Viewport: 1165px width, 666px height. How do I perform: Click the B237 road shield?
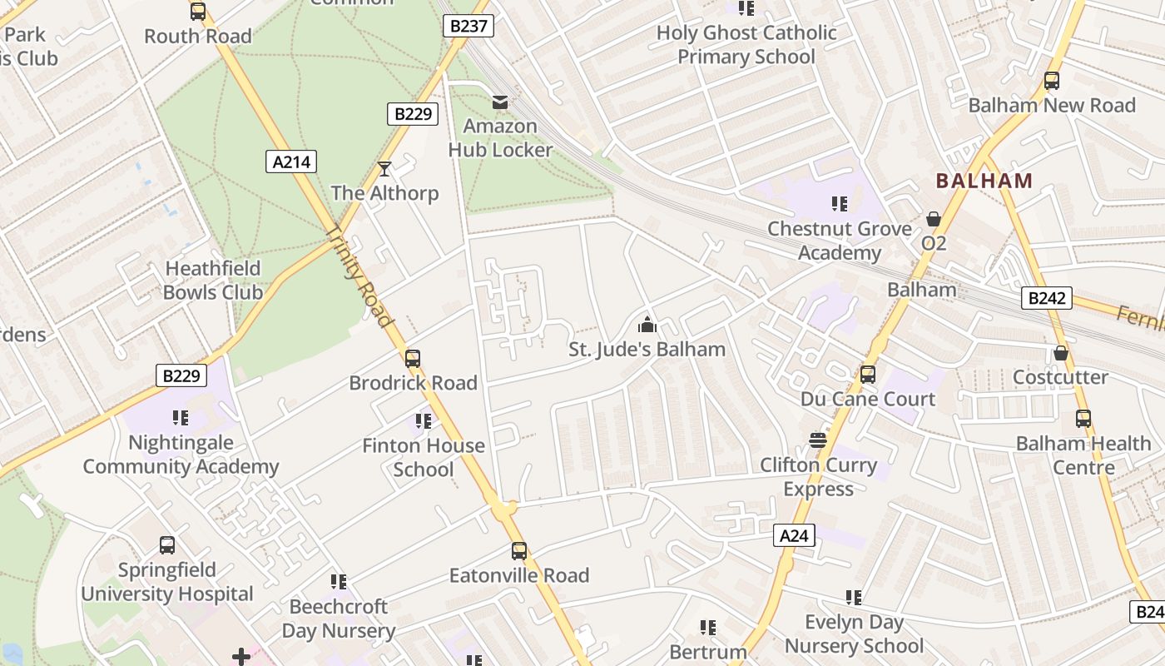coord(468,26)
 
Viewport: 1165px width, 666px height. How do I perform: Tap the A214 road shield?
coord(292,162)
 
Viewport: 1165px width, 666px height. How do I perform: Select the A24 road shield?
coord(794,535)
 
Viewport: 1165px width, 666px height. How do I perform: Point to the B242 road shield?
coord(1046,298)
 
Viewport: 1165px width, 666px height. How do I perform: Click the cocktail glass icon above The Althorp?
coord(384,169)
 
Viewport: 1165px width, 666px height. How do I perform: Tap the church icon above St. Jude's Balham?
coord(647,325)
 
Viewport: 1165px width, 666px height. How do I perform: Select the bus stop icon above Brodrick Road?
coord(412,359)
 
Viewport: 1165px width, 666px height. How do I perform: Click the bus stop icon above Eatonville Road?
coord(519,551)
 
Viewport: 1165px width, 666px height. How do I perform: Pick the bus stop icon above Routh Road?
coord(197,12)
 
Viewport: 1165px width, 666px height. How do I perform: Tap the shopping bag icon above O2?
coord(934,219)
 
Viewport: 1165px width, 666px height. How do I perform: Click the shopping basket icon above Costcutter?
coord(1060,353)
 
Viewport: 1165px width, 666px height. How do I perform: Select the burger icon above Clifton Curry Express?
coord(818,440)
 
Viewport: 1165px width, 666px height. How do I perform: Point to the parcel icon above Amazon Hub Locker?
coord(500,102)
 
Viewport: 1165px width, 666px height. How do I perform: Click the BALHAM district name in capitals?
coord(984,181)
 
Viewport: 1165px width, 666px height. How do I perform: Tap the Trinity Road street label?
coord(359,276)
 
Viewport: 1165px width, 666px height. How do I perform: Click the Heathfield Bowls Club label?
coord(213,281)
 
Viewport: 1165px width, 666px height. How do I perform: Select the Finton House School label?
coord(424,457)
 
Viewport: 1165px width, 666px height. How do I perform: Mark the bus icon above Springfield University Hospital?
coord(167,545)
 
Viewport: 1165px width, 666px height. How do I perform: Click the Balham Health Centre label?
coord(1083,455)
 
